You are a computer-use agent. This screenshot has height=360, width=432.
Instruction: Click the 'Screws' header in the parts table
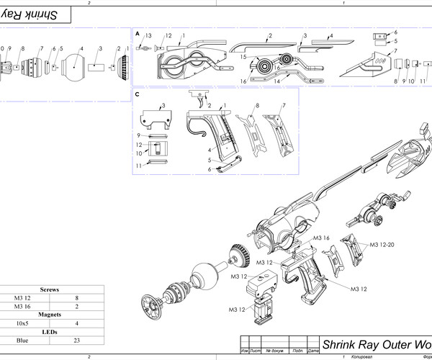click(50, 289)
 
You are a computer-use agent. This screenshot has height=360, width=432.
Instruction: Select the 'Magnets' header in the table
click(50, 315)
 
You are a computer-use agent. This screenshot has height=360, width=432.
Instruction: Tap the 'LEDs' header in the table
click(50, 332)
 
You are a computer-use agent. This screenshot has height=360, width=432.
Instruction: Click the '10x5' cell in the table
click(22, 323)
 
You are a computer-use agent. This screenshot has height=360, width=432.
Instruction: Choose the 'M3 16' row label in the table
click(22, 306)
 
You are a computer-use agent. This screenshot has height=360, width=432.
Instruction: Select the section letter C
click(137, 94)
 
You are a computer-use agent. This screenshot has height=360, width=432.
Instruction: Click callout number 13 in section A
click(148, 35)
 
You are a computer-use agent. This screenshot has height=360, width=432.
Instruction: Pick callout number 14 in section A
click(277, 81)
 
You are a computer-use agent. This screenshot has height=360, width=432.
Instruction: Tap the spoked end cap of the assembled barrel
click(150, 309)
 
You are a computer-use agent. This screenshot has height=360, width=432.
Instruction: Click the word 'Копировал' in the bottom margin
click(364, 356)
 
